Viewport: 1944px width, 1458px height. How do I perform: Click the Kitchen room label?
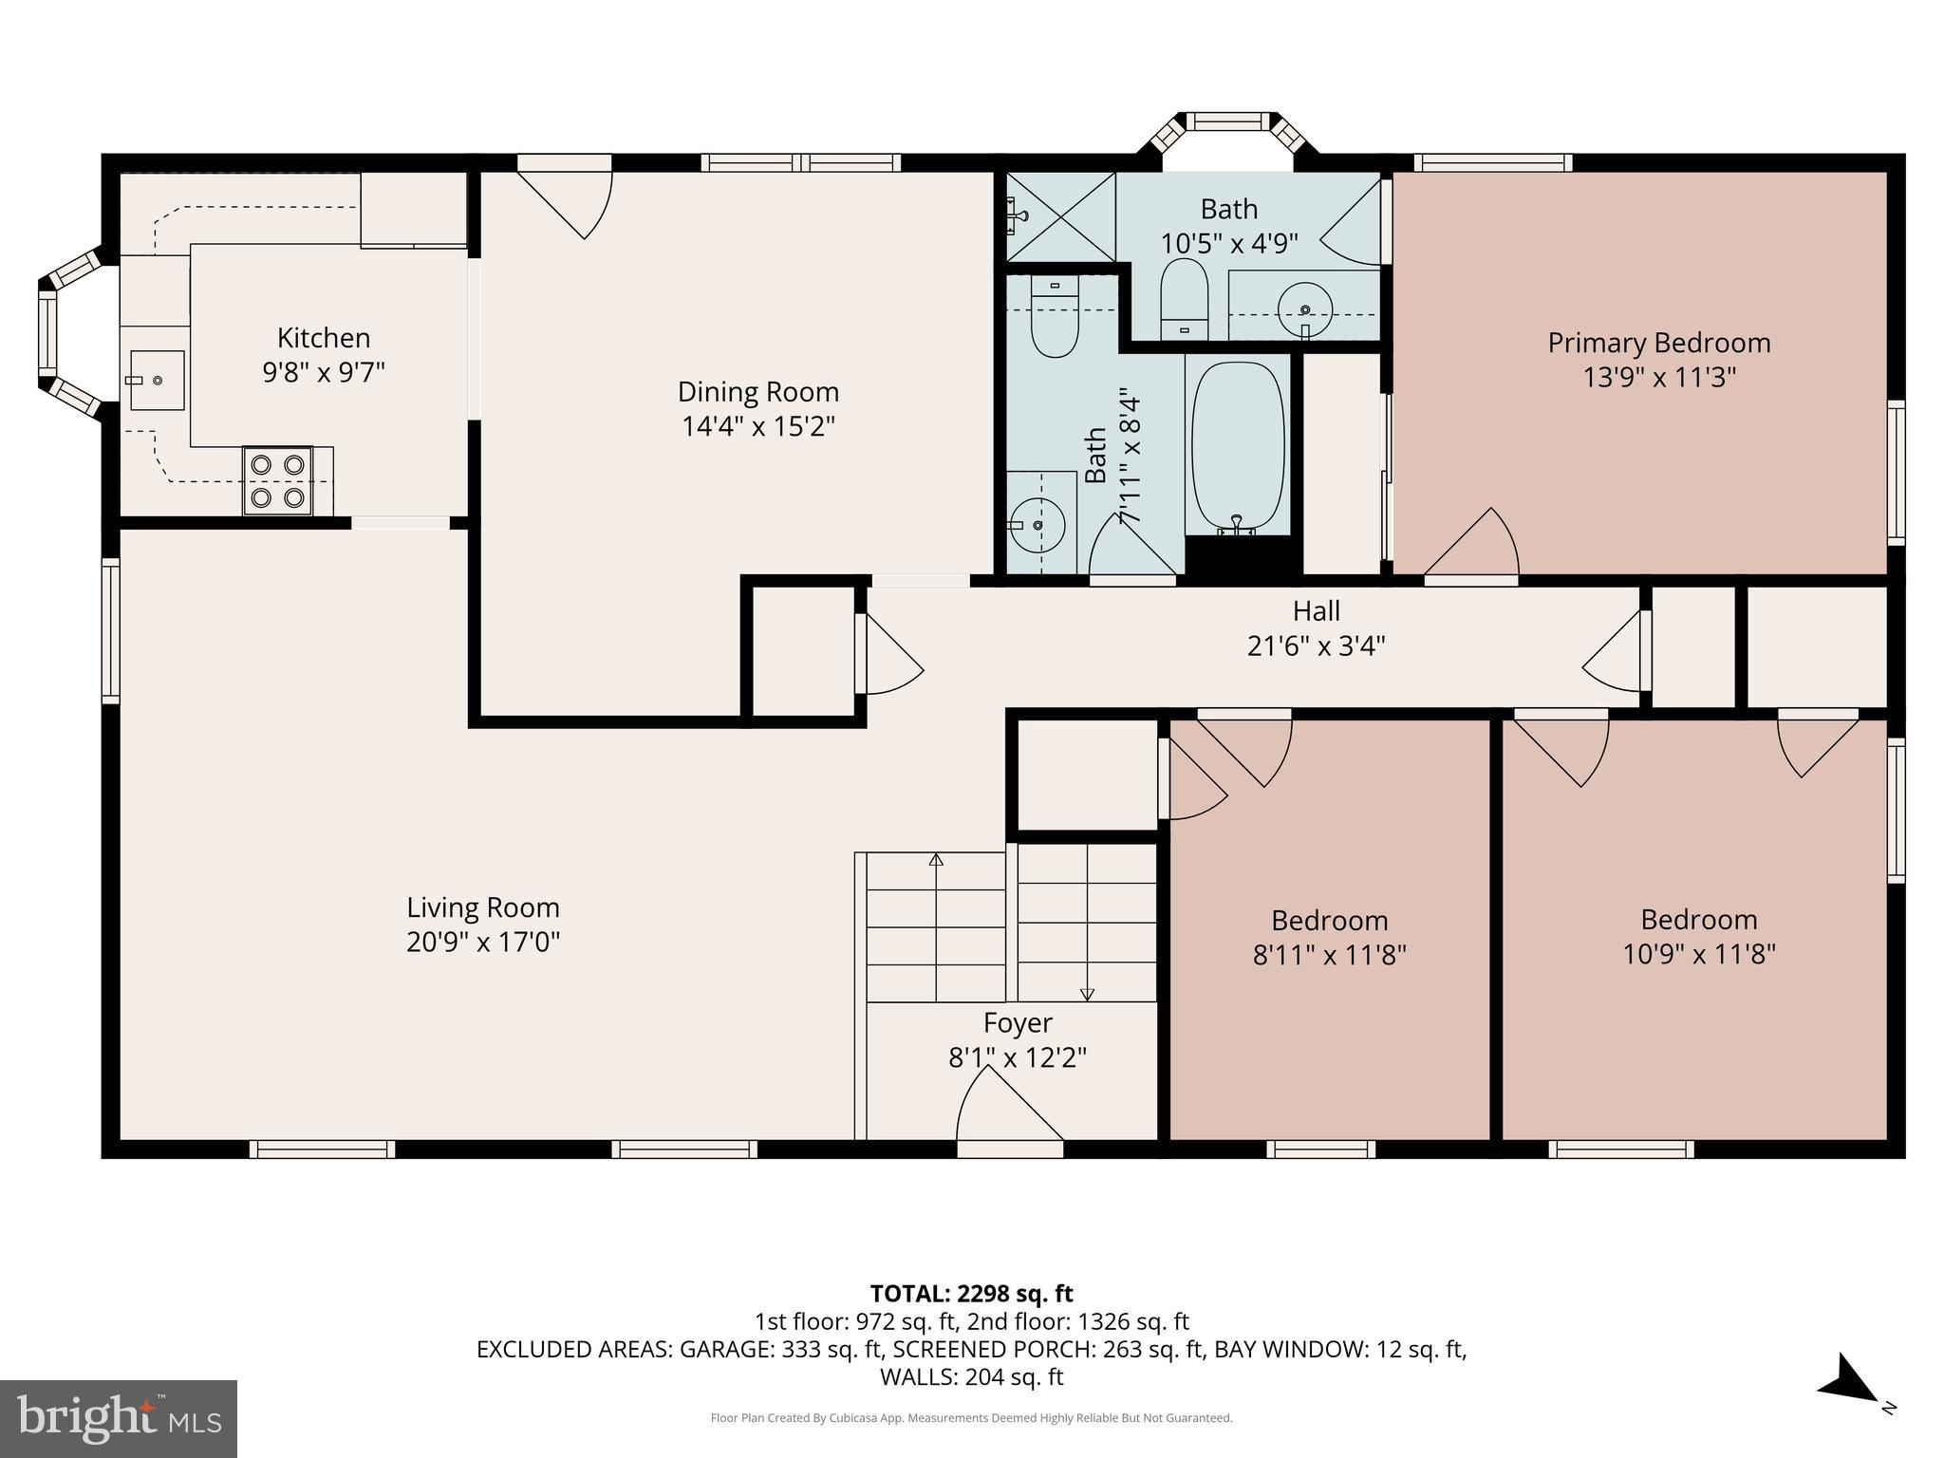[x=324, y=338]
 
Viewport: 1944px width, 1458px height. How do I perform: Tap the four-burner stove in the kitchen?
[x=278, y=480]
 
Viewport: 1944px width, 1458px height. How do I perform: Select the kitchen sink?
[x=157, y=380]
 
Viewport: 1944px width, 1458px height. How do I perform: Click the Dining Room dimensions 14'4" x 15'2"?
[x=757, y=426]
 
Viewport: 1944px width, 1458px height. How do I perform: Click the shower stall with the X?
[x=1060, y=216]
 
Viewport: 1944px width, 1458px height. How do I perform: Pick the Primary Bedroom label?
[x=1658, y=343]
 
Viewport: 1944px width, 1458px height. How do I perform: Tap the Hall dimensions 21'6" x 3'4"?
[x=1316, y=645]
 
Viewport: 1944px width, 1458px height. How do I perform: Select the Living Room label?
[x=483, y=907]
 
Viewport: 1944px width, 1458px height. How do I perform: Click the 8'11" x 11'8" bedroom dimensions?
[x=1329, y=955]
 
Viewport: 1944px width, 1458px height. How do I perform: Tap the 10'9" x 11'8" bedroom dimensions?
[x=1698, y=954]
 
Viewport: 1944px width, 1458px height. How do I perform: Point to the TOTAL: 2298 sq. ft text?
[x=971, y=1293]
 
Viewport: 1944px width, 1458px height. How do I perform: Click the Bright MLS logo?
[x=119, y=1418]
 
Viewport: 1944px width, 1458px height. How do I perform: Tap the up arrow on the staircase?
[x=936, y=860]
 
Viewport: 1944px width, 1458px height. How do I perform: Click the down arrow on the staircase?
[x=1087, y=994]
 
